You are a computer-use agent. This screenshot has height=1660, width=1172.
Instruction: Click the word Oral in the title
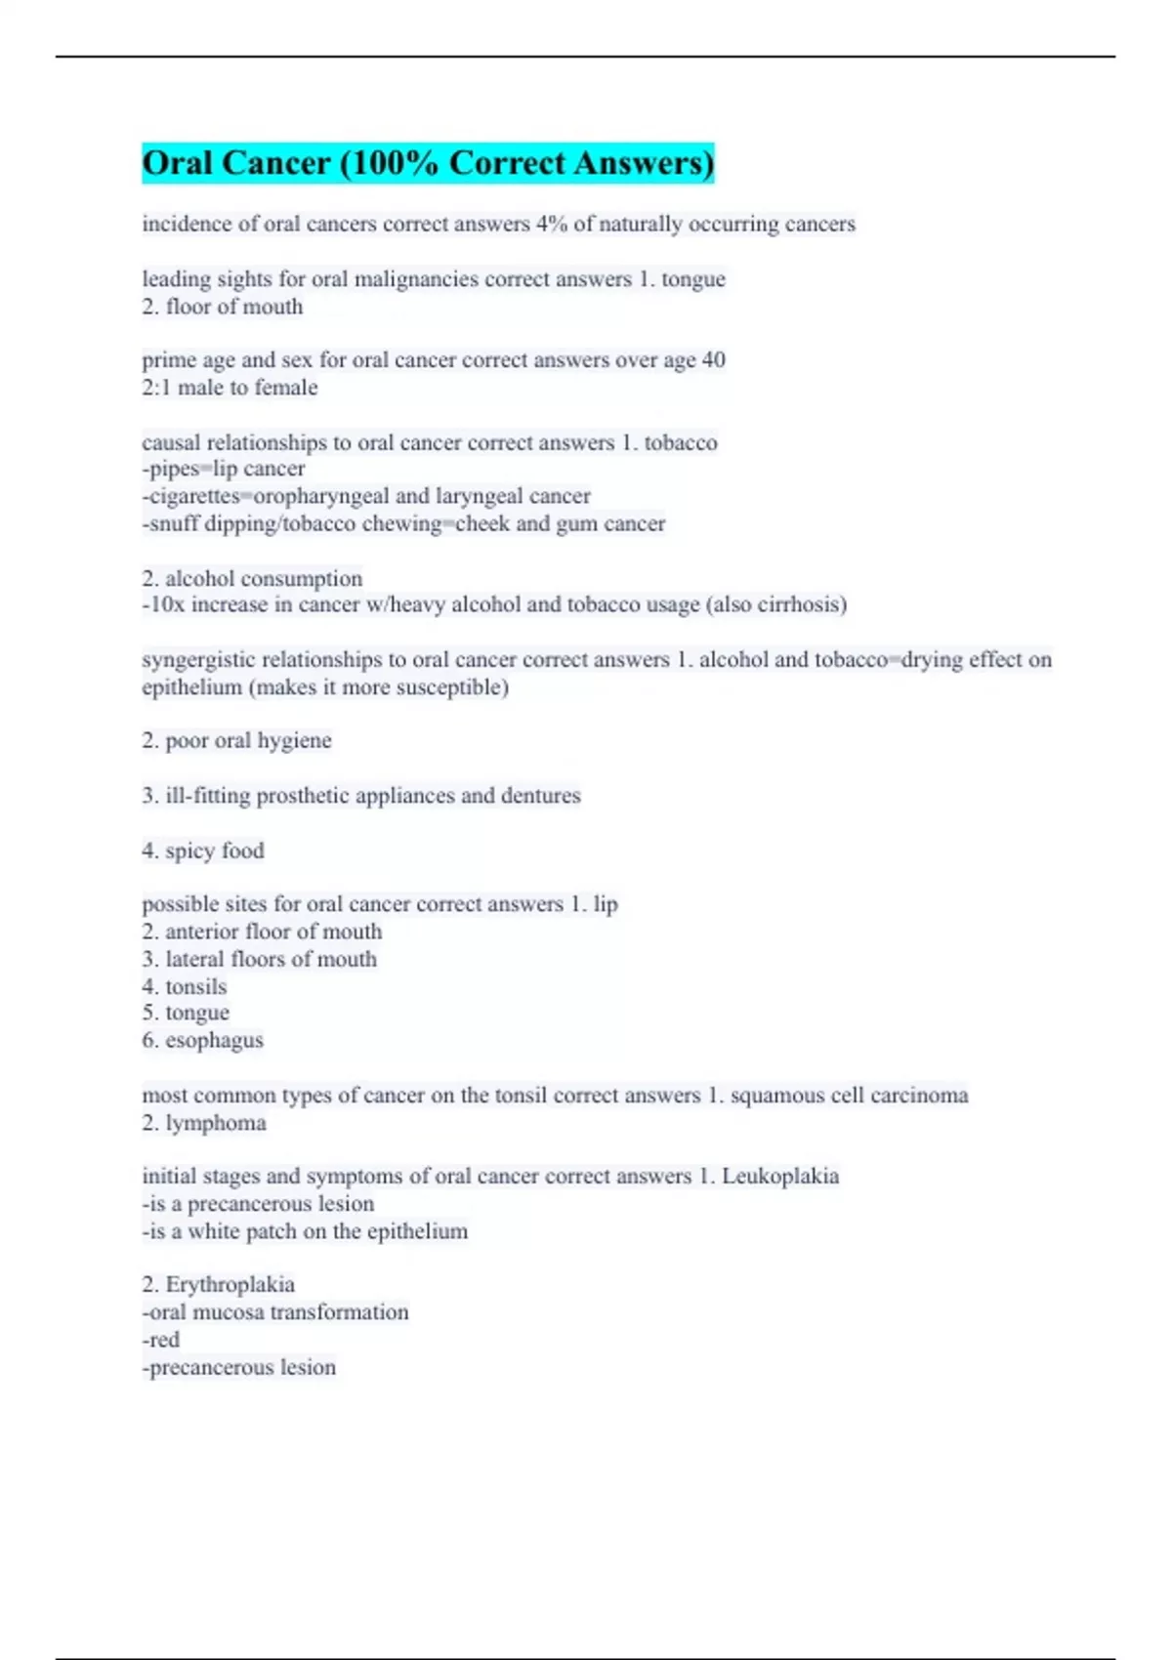point(178,163)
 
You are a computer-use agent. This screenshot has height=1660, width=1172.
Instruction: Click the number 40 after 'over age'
point(713,360)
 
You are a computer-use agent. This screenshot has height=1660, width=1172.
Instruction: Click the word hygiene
point(294,741)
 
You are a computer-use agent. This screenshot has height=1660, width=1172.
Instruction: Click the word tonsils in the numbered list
point(195,986)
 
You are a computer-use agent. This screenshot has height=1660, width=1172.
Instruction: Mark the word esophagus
point(214,1041)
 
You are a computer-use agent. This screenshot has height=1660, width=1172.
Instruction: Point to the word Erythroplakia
point(230,1285)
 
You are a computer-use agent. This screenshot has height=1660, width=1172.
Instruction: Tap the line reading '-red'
point(161,1340)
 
